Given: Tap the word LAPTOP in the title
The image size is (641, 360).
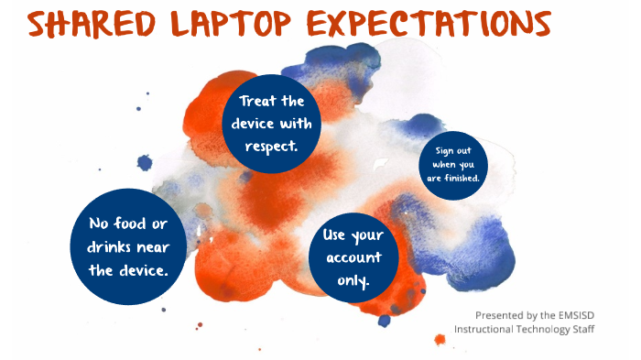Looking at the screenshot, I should (x=238, y=25).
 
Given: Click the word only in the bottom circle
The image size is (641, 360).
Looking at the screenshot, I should (x=353, y=280).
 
